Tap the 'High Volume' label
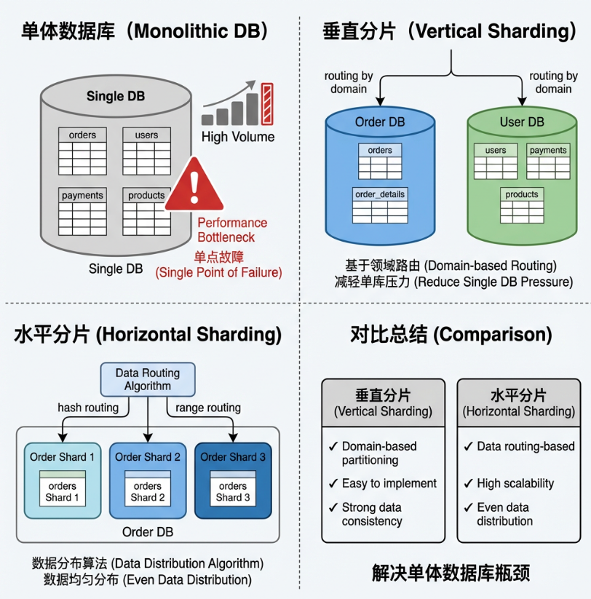[238, 137]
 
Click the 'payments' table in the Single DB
[82, 212]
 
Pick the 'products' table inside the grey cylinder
[146, 212]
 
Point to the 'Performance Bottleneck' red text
[232, 230]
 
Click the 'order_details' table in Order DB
[380, 205]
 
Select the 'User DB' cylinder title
[522, 122]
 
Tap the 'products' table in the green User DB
[522, 205]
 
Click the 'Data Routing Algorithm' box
[148, 379]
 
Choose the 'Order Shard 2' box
[148, 480]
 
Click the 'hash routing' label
[88, 408]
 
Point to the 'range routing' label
[208, 408]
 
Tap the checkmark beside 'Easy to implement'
[333, 483]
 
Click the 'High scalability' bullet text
[515, 483]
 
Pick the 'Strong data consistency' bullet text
[372, 514]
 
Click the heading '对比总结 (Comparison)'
[451, 334]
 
